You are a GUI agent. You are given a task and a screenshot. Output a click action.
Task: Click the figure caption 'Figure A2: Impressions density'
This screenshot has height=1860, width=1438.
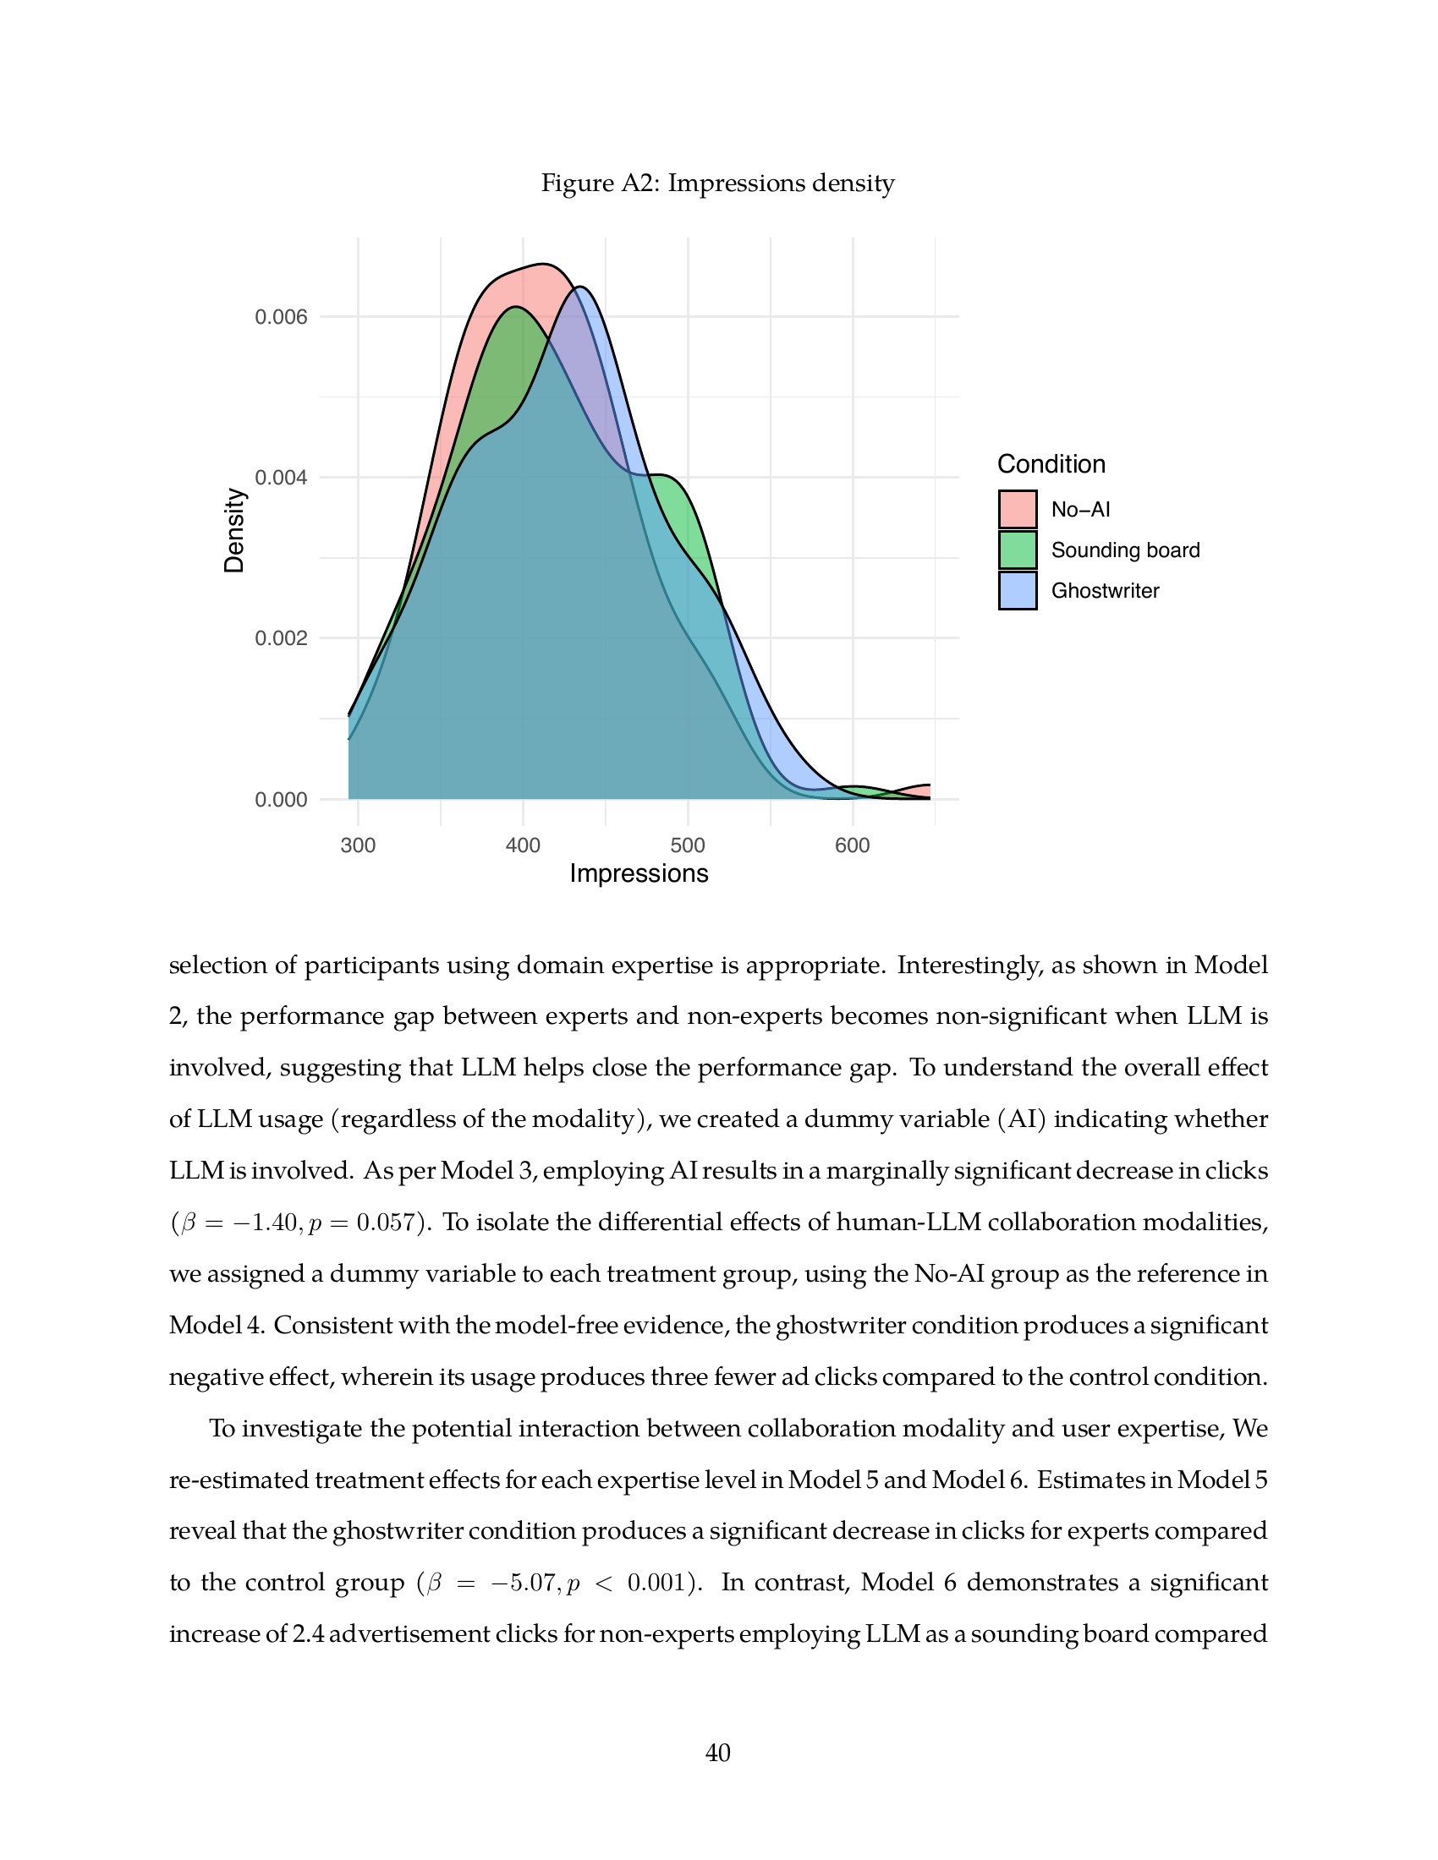pos(717,183)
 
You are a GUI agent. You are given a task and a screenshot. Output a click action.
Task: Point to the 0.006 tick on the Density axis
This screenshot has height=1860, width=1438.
pos(281,318)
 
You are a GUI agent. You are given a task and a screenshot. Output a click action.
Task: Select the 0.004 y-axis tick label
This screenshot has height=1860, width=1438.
pos(281,478)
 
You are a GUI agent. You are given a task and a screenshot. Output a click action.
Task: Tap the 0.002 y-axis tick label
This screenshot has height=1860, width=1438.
pos(281,638)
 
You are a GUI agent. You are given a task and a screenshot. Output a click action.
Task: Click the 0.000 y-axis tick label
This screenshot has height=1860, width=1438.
pos(281,800)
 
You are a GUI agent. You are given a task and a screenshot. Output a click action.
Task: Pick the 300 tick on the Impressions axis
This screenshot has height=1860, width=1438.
pos(358,845)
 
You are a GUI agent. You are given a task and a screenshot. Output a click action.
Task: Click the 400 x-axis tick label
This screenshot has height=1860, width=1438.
pos(523,845)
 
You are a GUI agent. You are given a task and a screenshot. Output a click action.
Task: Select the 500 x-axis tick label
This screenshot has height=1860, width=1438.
pos(688,845)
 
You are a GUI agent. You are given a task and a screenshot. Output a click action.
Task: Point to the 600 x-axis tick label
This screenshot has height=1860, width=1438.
pos(853,845)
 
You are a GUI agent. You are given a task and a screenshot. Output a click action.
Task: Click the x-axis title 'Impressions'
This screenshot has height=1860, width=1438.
pos(639,874)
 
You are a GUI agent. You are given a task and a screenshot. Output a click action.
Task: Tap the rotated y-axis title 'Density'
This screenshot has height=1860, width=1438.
pos(234,531)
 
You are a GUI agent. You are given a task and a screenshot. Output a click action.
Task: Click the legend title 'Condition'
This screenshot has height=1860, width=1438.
pos(1051,464)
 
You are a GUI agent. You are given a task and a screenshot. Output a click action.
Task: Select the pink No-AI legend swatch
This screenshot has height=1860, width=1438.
pos(1018,509)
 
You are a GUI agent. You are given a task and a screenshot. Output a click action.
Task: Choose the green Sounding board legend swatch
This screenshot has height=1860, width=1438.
pos(1018,550)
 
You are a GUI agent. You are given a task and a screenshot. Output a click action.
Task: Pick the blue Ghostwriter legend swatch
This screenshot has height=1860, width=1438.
pos(1018,590)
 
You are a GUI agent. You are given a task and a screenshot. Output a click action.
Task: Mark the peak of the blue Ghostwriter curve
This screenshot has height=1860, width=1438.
pos(579,287)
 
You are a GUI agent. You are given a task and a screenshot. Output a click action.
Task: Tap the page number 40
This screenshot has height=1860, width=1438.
pos(718,1753)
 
